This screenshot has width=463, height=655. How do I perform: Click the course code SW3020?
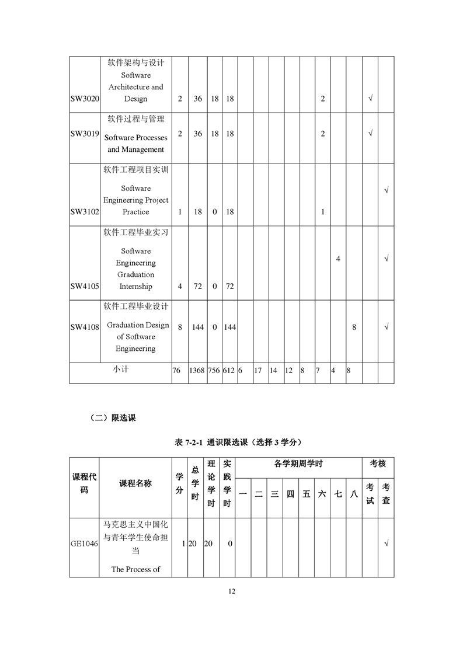click(x=85, y=99)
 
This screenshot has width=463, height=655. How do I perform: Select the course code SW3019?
click(x=85, y=133)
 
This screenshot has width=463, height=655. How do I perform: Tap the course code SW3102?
click(x=85, y=212)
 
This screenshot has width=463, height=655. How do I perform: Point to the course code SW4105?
click(x=85, y=287)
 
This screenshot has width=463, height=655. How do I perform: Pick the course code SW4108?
click(x=85, y=327)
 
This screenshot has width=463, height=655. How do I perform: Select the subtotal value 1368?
click(x=197, y=370)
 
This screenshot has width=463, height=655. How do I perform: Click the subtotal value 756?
click(x=214, y=370)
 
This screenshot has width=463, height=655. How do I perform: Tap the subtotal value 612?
click(x=229, y=370)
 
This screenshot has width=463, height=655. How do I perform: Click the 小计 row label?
click(x=121, y=369)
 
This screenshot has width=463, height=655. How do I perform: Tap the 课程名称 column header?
click(x=135, y=483)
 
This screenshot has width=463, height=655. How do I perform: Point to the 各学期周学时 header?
click(x=298, y=464)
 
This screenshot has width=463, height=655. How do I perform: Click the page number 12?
click(x=231, y=591)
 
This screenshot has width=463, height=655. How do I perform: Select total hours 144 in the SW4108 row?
click(x=197, y=327)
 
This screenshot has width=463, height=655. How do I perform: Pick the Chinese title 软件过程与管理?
click(x=135, y=119)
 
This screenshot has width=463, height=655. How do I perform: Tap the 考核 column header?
click(x=378, y=464)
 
